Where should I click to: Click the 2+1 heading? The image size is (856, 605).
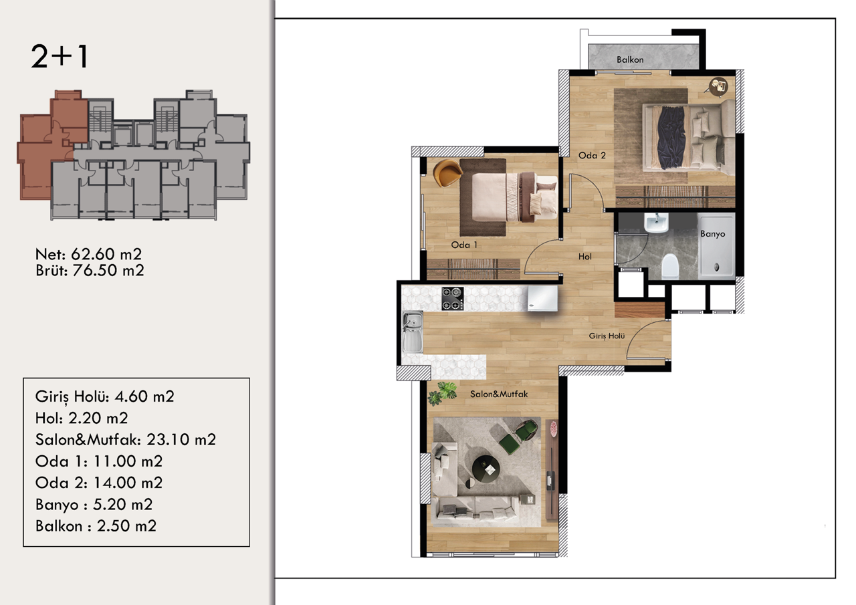click(x=60, y=57)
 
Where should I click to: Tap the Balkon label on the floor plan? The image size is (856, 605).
click(x=630, y=60)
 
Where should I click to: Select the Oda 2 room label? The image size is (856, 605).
click(x=592, y=156)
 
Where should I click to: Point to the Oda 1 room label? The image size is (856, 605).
click(x=464, y=245)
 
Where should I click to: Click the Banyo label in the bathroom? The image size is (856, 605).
click(x=712, y=235)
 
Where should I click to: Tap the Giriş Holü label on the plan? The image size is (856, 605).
click(x=607, y=336)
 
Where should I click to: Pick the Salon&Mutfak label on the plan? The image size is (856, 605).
click(x=499, y=394)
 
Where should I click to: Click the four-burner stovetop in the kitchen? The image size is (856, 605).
click(x=453, y=298)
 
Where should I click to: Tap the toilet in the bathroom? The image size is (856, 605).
click(x=669, y=267)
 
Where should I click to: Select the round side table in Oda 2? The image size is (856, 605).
click(x=720, y=85)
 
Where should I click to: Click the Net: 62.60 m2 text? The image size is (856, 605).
click(x=88, y=255)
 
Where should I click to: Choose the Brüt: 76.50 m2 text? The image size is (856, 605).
click(x=90, y=270)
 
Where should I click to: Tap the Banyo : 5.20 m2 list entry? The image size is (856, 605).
click(x=94, y=504)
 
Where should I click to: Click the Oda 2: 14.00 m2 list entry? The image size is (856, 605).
click(x=99, y=483)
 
